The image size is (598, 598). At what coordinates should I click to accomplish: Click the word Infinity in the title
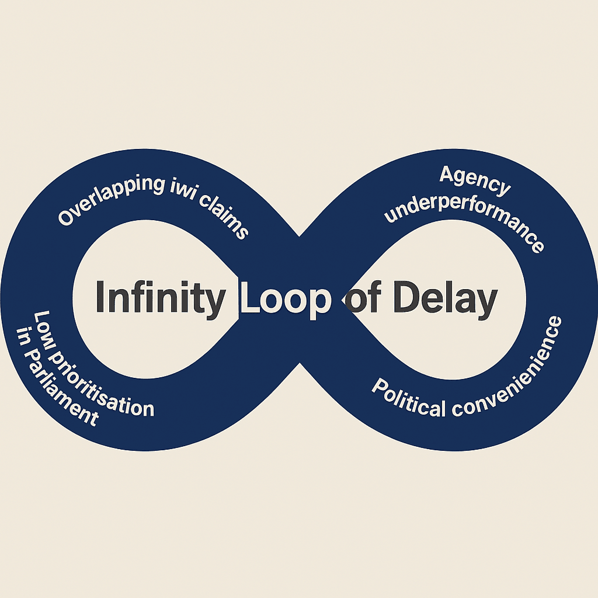(159, 298)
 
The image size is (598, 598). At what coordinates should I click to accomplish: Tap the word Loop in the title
(286, 298)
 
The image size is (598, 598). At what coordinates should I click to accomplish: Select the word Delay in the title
(444, 298)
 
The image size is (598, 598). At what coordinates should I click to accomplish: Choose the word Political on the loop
(408, 399)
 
